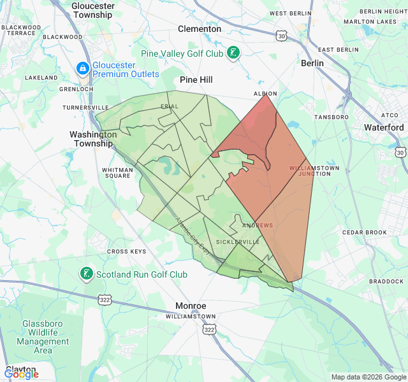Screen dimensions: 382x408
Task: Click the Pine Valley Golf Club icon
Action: [x=235, y=53]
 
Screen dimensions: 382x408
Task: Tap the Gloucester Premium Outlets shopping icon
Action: [x=82, y=67]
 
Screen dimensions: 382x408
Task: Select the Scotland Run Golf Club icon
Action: [x=86, y=274]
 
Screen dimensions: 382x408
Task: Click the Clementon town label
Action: [x=200, y=29]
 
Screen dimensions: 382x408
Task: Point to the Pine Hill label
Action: [x=196, y=80]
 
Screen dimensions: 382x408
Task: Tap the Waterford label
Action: [x=384, y=127]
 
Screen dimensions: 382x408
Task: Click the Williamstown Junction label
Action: [x=314, y=171]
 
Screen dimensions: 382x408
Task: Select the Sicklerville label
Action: [x=238, y=243]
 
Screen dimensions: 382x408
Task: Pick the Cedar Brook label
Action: [x=365, y=232]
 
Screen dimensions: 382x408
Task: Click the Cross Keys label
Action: [x=126, y=251]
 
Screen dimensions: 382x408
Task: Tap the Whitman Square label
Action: [x=117, y=173]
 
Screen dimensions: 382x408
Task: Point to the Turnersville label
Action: [x=85, y=108]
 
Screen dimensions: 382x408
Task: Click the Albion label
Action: [x=265, y=94]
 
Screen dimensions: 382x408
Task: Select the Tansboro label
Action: [x=331, y=117]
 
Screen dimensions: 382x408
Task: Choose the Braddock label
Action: [x=386, y=281]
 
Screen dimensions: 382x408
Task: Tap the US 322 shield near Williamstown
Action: [x=208, y=329]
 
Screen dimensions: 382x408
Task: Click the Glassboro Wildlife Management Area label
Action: [x=43, y=337]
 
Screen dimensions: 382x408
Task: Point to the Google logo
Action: [x=21, y=374]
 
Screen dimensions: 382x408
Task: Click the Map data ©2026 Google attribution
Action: [x=368, y=377]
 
